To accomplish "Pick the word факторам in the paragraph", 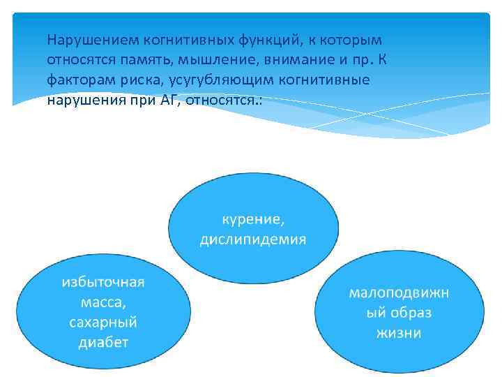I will point(76,80).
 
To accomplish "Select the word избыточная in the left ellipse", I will point(103,282).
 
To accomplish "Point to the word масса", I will point(103,302).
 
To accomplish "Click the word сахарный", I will point(103,323).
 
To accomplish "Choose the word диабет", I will point(103,343).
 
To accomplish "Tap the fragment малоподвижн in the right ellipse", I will point(399,293).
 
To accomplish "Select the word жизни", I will point(399,333).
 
